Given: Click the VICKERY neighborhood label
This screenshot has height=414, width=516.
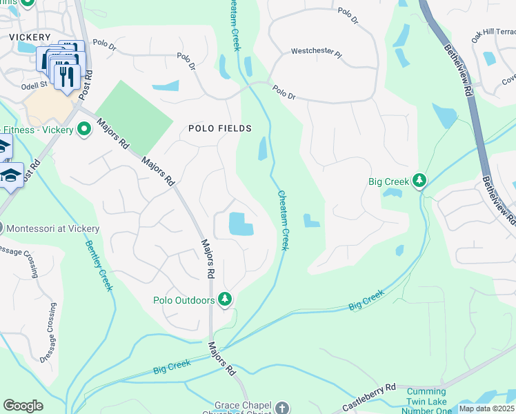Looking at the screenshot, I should point(30,37).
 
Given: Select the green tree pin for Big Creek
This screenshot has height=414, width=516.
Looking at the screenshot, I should point(419,181).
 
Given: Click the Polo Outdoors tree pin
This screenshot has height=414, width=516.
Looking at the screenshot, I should point(224,299).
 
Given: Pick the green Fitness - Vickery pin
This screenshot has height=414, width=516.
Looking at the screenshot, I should point(85,129).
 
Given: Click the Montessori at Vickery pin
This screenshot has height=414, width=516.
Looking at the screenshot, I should point(2,228).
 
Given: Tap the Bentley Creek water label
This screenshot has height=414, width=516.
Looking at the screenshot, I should point(99,265).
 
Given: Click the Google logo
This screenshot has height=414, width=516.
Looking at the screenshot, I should point(23,406).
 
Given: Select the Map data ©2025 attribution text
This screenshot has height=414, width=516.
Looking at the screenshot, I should point(486,408).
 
